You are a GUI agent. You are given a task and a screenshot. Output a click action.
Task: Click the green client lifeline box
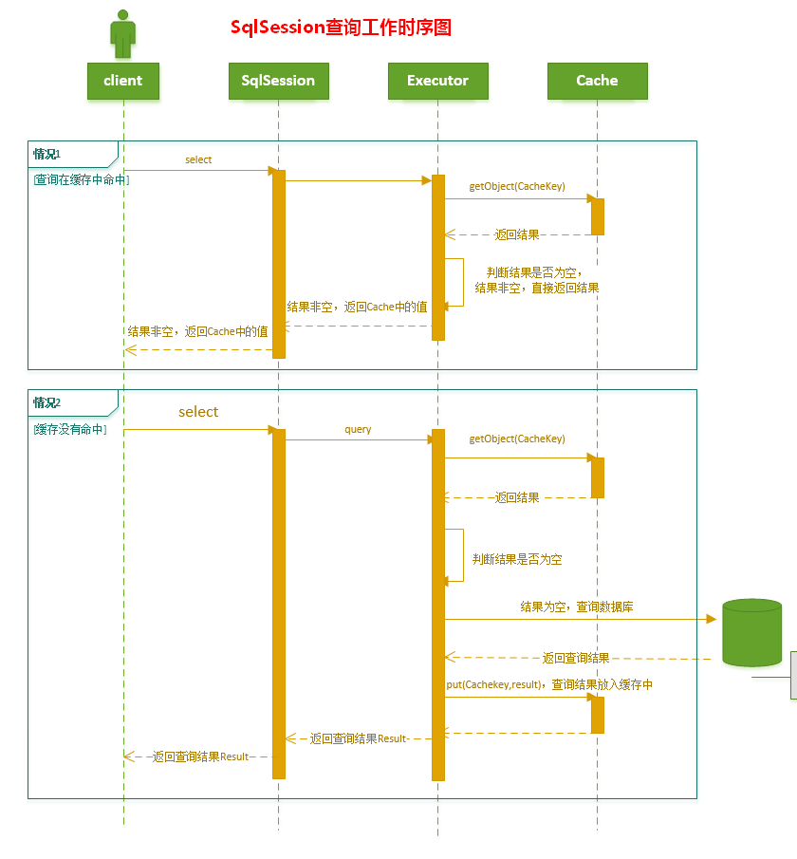click(x=122, y=81)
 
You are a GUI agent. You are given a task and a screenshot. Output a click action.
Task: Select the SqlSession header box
click(x=278, y=81)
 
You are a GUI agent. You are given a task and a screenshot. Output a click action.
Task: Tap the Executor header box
click(x=437, y=81)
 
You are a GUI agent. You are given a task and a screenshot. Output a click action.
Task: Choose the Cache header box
click(x=597, y=81)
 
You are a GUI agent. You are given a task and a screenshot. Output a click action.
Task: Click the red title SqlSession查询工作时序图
click(x=341, y=28)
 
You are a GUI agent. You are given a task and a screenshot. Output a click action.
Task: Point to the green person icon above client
click(x=122, y=35)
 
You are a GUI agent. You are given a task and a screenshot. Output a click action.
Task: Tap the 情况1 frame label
click(x=47, y=154)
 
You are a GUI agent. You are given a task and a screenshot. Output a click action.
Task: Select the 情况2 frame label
click(x=47, y=402)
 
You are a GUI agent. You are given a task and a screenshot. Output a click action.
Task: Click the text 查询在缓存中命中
click(x=81, y=178)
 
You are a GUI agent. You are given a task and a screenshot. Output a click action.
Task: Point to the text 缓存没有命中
click(x=70, y=430)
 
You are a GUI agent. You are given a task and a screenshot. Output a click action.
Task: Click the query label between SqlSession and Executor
click(x=358, y=430)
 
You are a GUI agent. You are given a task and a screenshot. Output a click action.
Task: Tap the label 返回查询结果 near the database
click(x=576, y=658)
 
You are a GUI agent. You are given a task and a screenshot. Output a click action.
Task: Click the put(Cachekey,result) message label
click(x=549, y=684)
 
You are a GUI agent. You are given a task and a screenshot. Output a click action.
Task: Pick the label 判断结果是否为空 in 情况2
click(x=517, y=559)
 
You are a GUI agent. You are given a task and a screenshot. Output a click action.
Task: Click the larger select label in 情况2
click(x=198, y=412)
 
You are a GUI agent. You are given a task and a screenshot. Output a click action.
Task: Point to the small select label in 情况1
click(x=198, y=159)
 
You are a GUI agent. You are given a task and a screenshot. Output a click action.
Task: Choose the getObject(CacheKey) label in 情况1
click(x=517, y=186)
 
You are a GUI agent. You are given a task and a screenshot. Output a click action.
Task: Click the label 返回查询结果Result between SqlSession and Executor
click(x=359, y=738)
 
